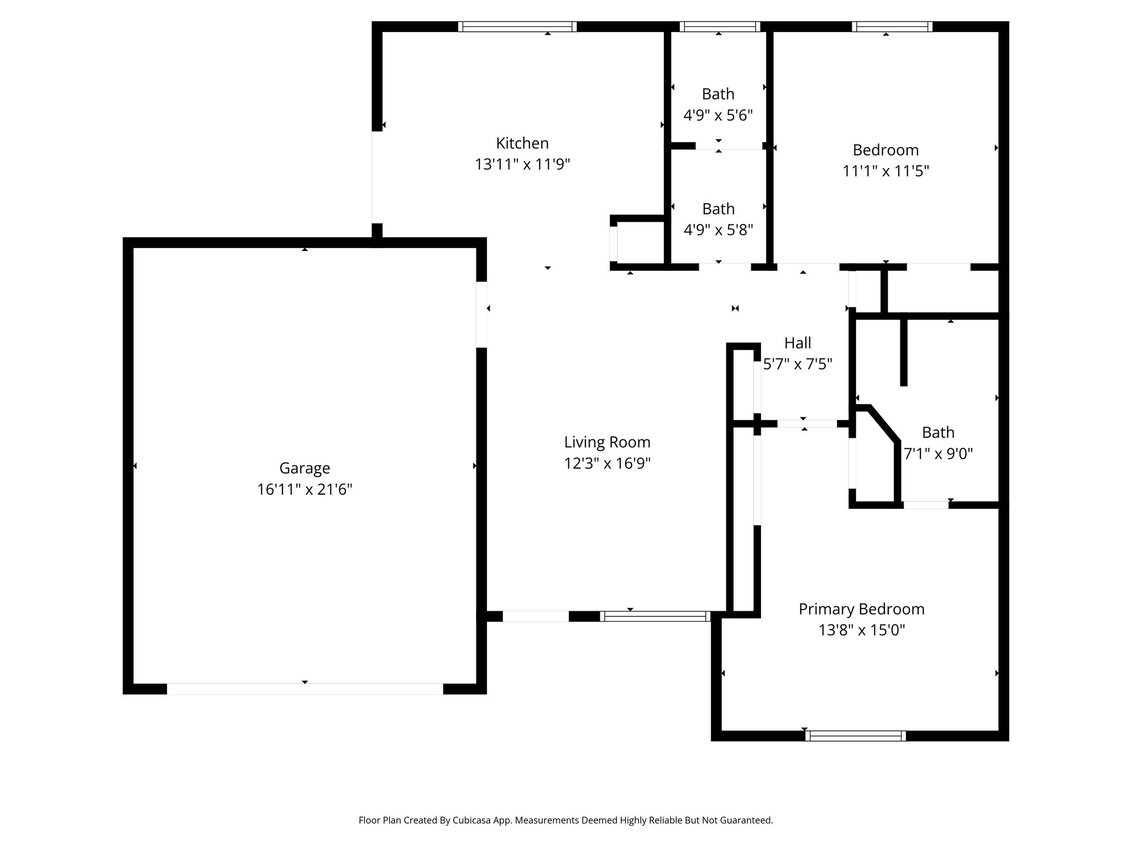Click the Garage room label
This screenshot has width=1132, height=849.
tap(305, 468)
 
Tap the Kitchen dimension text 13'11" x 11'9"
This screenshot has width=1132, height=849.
tap(522, 165)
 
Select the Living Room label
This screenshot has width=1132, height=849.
tap(607, 442)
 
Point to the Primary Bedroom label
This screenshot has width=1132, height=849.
tap(861, 609)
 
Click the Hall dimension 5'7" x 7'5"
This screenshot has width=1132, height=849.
tap(798, 364)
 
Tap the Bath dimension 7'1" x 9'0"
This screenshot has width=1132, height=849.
tap(938, 454)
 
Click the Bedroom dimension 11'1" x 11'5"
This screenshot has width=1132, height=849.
tap(885, 171)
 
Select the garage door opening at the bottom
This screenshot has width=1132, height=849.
tap(305, 689)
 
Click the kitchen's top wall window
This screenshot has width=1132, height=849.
tap(517, 27)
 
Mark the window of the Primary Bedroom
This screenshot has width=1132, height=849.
tap(855, 736)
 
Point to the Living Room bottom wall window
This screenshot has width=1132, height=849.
tap(656, 616)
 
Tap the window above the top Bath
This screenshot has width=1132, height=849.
tap(720, 27)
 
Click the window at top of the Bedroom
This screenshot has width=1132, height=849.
tap(892, 27)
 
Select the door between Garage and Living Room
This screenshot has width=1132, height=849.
tap(481, 315)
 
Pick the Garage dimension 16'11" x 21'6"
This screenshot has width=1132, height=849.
tap(305, 490)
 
